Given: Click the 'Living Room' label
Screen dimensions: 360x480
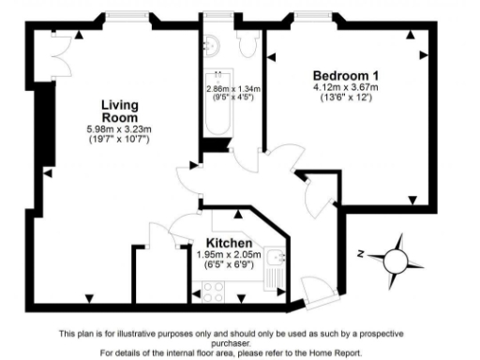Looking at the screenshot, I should [119, 111].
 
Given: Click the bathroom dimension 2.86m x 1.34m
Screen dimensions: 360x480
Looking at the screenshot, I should [232, 89].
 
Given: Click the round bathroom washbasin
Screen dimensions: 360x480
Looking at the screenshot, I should [212, 42].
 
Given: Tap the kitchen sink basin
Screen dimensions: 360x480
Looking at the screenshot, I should [273, 258].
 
